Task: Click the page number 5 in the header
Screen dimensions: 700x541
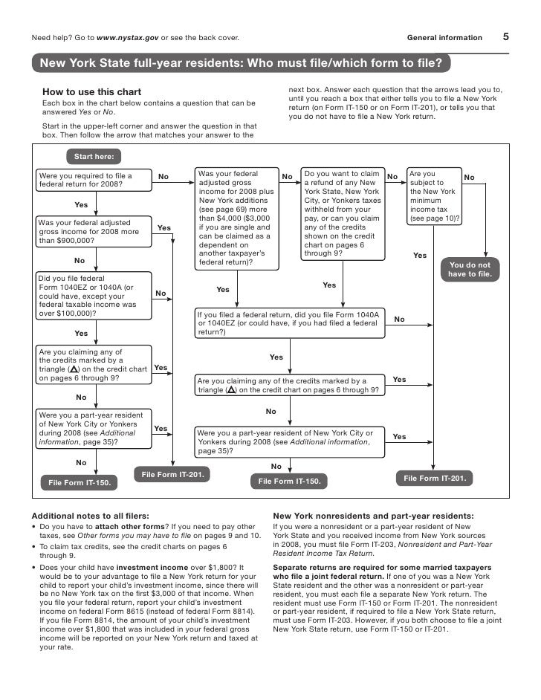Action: click(x=505, y=36)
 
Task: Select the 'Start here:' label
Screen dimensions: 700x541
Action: click(x=94, y=157)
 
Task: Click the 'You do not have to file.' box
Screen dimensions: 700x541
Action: click(x=470, y=270)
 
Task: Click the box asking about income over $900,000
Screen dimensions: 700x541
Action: click(x=93, y=232)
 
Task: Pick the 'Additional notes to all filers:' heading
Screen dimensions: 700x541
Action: click(x=90, y=515)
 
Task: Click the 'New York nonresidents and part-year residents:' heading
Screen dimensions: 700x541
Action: click(x=374, y=515)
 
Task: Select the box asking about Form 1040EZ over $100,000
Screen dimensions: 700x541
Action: click(x=93, y=296)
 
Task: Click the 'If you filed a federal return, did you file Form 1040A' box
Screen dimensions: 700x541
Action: click(x=290, y=324)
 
